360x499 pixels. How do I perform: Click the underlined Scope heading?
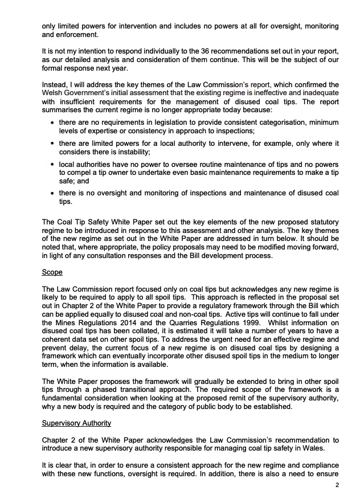point(52,273)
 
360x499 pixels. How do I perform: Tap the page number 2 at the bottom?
point(337,485)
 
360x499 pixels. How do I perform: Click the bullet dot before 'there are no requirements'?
point(53,122)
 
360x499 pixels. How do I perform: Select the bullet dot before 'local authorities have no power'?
point(53,165)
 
